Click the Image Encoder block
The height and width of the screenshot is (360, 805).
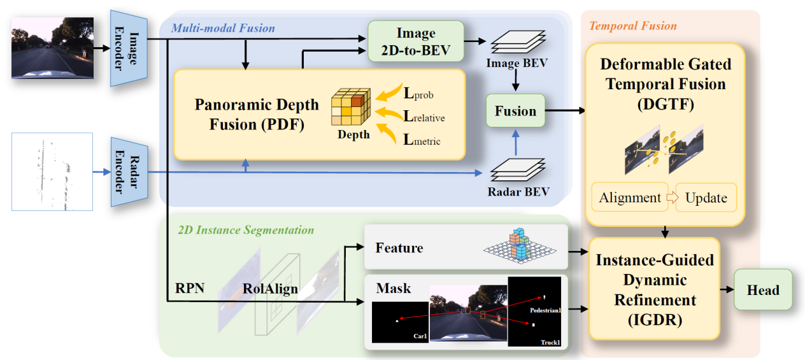pyautogui.click(x=129, y=48)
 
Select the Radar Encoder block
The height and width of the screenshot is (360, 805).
pyautogui.click(x=129, y=171)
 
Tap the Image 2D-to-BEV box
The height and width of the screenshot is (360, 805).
pyautogui.click(x=416, y=41)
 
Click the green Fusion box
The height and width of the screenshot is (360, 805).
pyautogui.click(x=515, y=111)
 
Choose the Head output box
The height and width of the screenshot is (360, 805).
pyautogui.click(x=763, y=290)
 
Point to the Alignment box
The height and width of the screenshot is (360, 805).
pyautogui.click(x=629, y=198)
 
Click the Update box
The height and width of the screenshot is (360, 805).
pyautogui.click(x=706, y=198)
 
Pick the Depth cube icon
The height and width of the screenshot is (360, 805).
pyautogui.click(x=350, y=109)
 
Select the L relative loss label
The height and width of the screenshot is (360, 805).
pyautogui.click(x=424, y=116)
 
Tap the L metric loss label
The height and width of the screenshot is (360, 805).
pyautogui.click(x=422, y=138)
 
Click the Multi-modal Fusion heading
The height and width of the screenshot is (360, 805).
pyautogui.click(x=223, y=28)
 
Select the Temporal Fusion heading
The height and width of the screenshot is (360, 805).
pyautogui.click(x=632, y=26)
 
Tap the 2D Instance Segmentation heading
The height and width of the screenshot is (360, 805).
pyautogui.click(x=246, y=229)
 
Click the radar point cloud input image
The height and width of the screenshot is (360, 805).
pyautogui.click(x=52, y=171)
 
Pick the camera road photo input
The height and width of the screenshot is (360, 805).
pyautogui.click(x=52, y=48)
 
